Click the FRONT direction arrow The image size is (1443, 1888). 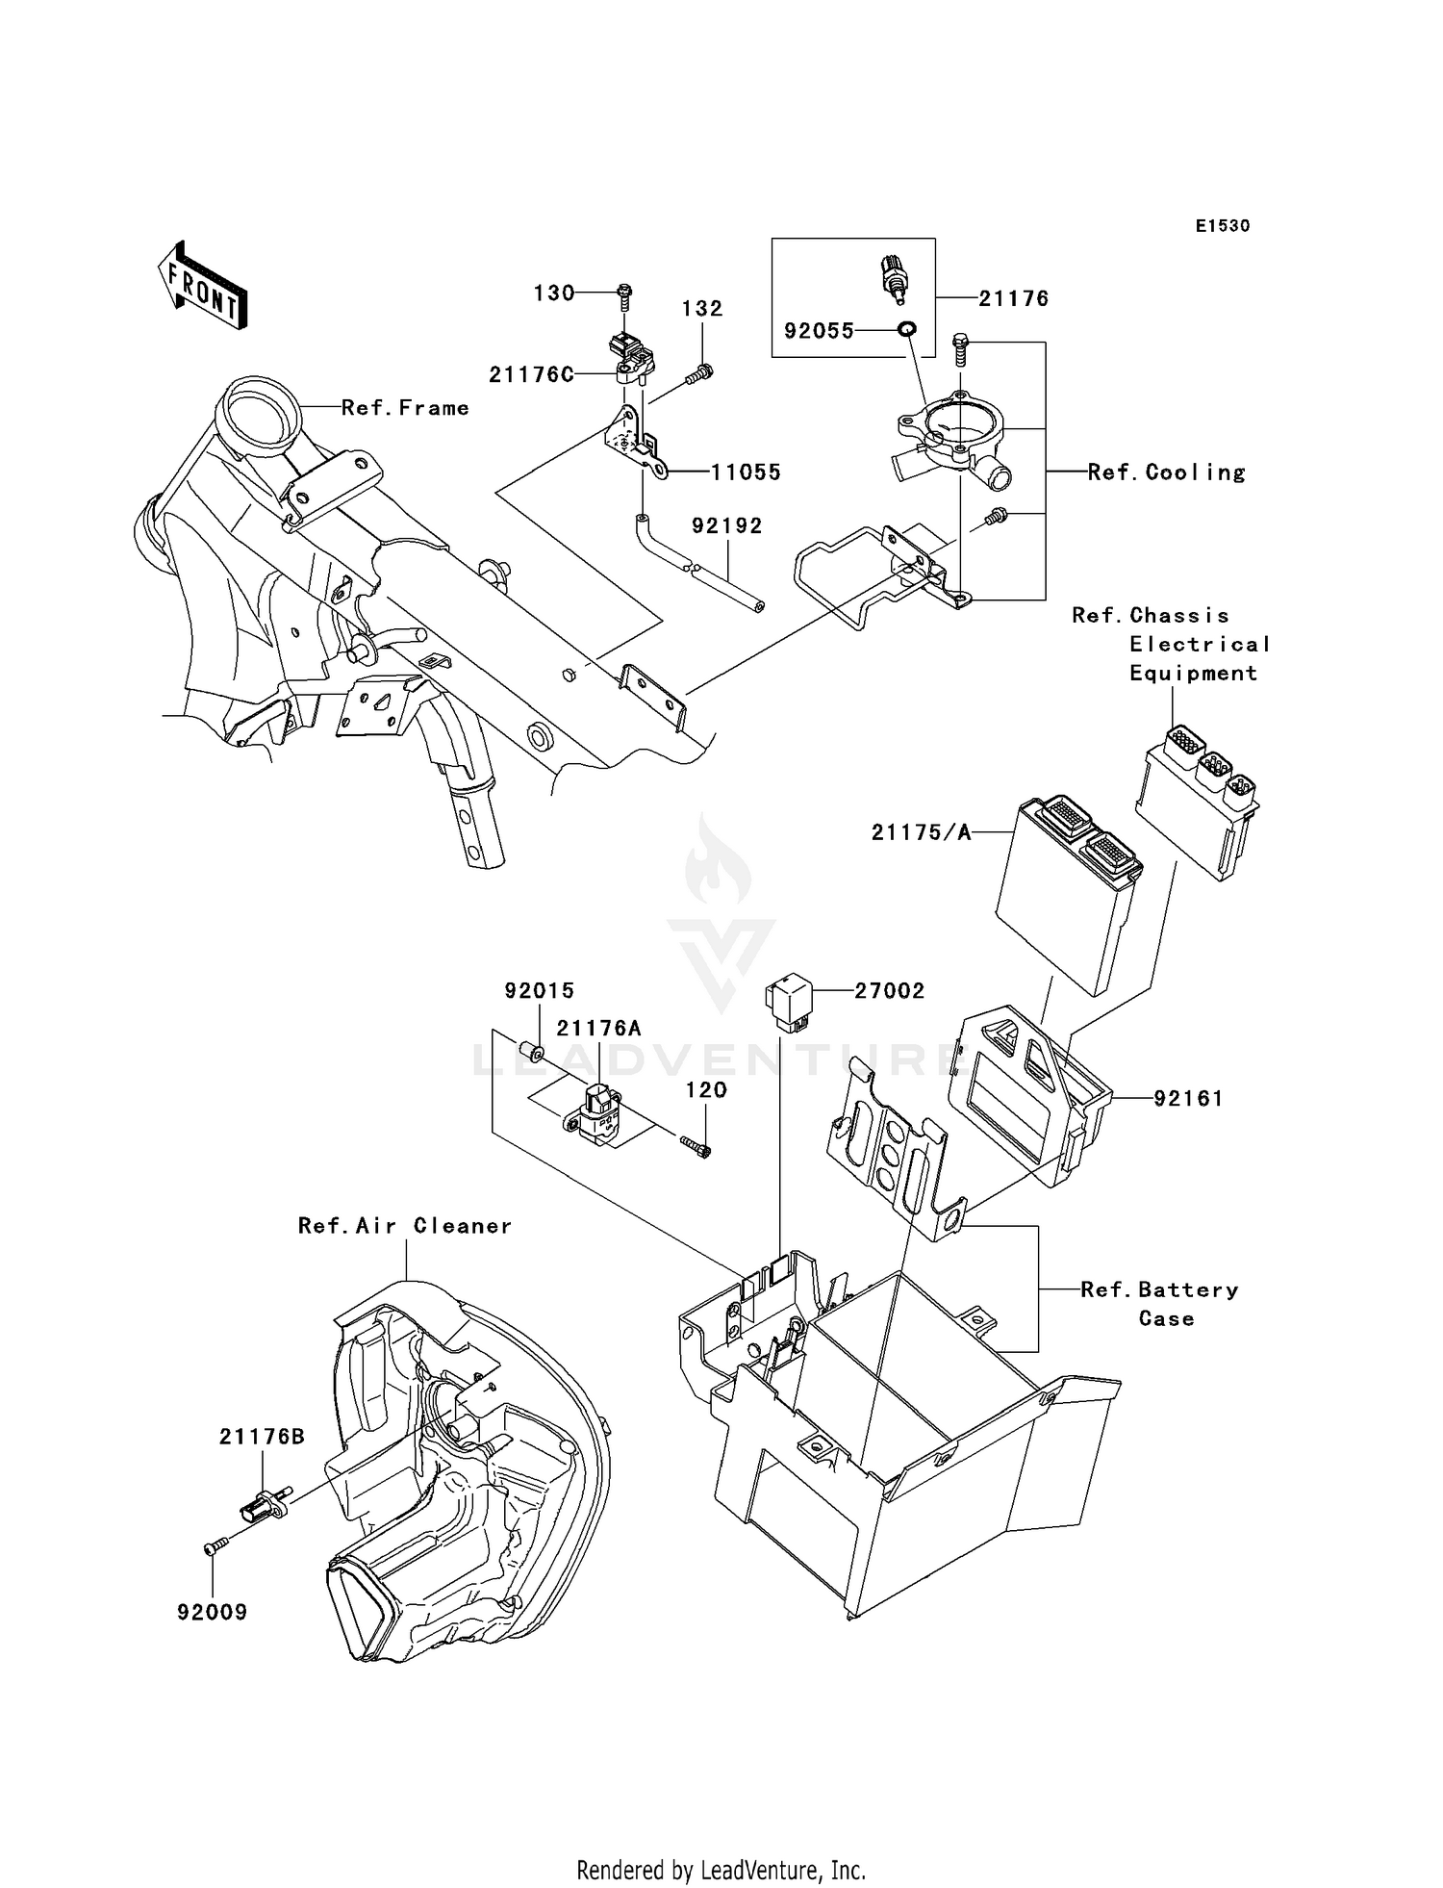tap(202, 286)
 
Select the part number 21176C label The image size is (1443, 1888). tap(530, 375)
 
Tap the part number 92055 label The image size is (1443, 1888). tap(818, 331)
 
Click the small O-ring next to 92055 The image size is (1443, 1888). tap(905, 330)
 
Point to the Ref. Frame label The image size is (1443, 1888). tap(405, 408)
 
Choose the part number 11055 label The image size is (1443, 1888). tap(746, 472)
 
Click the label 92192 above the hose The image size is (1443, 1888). tap(726, 525)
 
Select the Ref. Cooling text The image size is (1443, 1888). tap(1166, 472)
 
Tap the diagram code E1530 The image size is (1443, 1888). tap(1223, 226)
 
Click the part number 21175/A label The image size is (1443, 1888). tap(921, 832)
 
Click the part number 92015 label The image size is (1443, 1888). tap(540, 990)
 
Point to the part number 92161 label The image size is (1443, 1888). tap(1188, 1098)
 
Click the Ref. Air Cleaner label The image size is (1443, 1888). tap(404, 1226)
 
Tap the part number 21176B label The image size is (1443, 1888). tap(262, 1437)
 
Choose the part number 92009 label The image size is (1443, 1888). tap(212, 1612)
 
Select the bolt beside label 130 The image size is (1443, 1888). tap(623, 293)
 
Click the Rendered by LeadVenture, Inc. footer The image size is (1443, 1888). tap(721, 1870)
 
